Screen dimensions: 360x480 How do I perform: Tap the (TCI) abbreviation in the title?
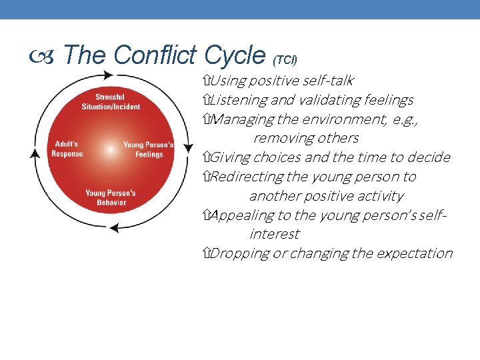(285, 59)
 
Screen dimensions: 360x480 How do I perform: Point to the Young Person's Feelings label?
(149, 149)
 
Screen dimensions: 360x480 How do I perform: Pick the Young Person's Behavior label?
(110, 197)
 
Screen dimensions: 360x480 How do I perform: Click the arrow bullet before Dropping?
(205, 253)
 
